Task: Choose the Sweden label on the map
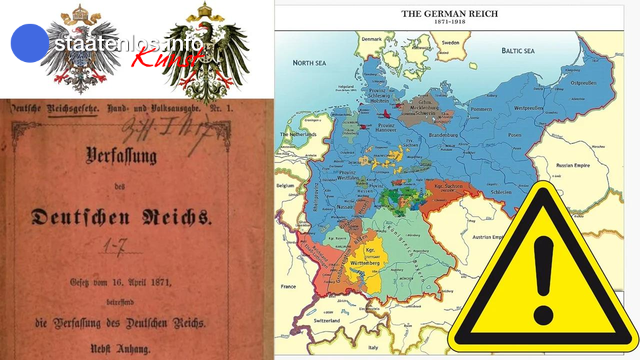pos(451,44)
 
